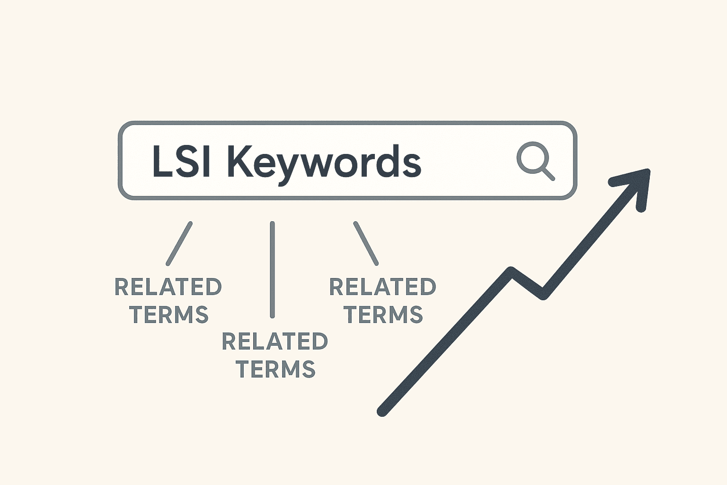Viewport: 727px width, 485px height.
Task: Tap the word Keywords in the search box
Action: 324,162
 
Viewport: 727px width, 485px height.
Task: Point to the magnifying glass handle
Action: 548,174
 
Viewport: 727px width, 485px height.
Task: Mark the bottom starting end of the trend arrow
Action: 382,411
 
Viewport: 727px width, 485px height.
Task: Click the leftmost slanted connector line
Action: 179,243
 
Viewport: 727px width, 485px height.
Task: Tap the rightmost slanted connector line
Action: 366,243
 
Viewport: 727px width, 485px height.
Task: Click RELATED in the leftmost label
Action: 168,287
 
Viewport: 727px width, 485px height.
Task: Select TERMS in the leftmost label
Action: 169,314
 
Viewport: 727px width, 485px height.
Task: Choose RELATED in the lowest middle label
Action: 275,341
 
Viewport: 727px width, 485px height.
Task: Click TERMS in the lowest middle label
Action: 275,369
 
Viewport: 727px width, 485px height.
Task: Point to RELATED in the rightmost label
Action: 382,287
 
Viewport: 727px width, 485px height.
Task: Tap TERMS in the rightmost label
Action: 383,314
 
